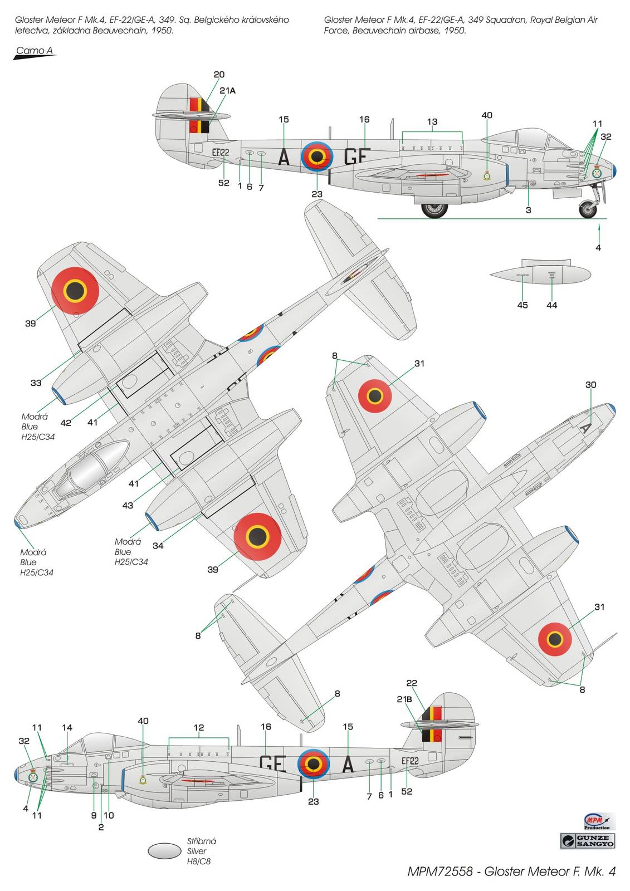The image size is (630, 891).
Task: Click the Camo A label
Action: click(x=34, y=51)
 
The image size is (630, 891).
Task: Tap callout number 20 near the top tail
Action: click(x=219, y=75)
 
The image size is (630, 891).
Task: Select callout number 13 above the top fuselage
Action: click(x=432, y=121)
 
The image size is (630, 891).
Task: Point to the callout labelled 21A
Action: click(x=227, y=90)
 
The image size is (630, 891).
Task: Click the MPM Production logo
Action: click(x=597, y=821)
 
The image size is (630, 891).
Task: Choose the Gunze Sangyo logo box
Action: click(x=588, y=840)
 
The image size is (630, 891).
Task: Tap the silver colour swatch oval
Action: click(x=165, y=850)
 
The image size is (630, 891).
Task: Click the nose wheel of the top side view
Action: click(x=588, y=210)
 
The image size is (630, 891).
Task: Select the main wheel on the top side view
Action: click(x=434, y=209)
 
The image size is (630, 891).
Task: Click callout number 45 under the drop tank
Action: click(x=522, y=305)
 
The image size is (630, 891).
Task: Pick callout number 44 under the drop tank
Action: click(x=551, y=305)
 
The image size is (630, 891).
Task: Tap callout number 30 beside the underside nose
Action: click(x=591, y=385)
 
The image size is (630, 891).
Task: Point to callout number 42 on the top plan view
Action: click(x=66, y=423)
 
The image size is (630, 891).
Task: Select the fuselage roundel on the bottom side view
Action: click(x=314, y=763)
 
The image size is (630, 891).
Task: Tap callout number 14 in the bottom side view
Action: click(x=67, y=727)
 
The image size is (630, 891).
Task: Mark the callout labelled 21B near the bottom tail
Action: click(x=404, y=699)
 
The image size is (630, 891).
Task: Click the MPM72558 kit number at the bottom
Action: click(x=441, y=872)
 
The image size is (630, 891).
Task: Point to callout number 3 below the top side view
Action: click(x=528, y=210)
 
